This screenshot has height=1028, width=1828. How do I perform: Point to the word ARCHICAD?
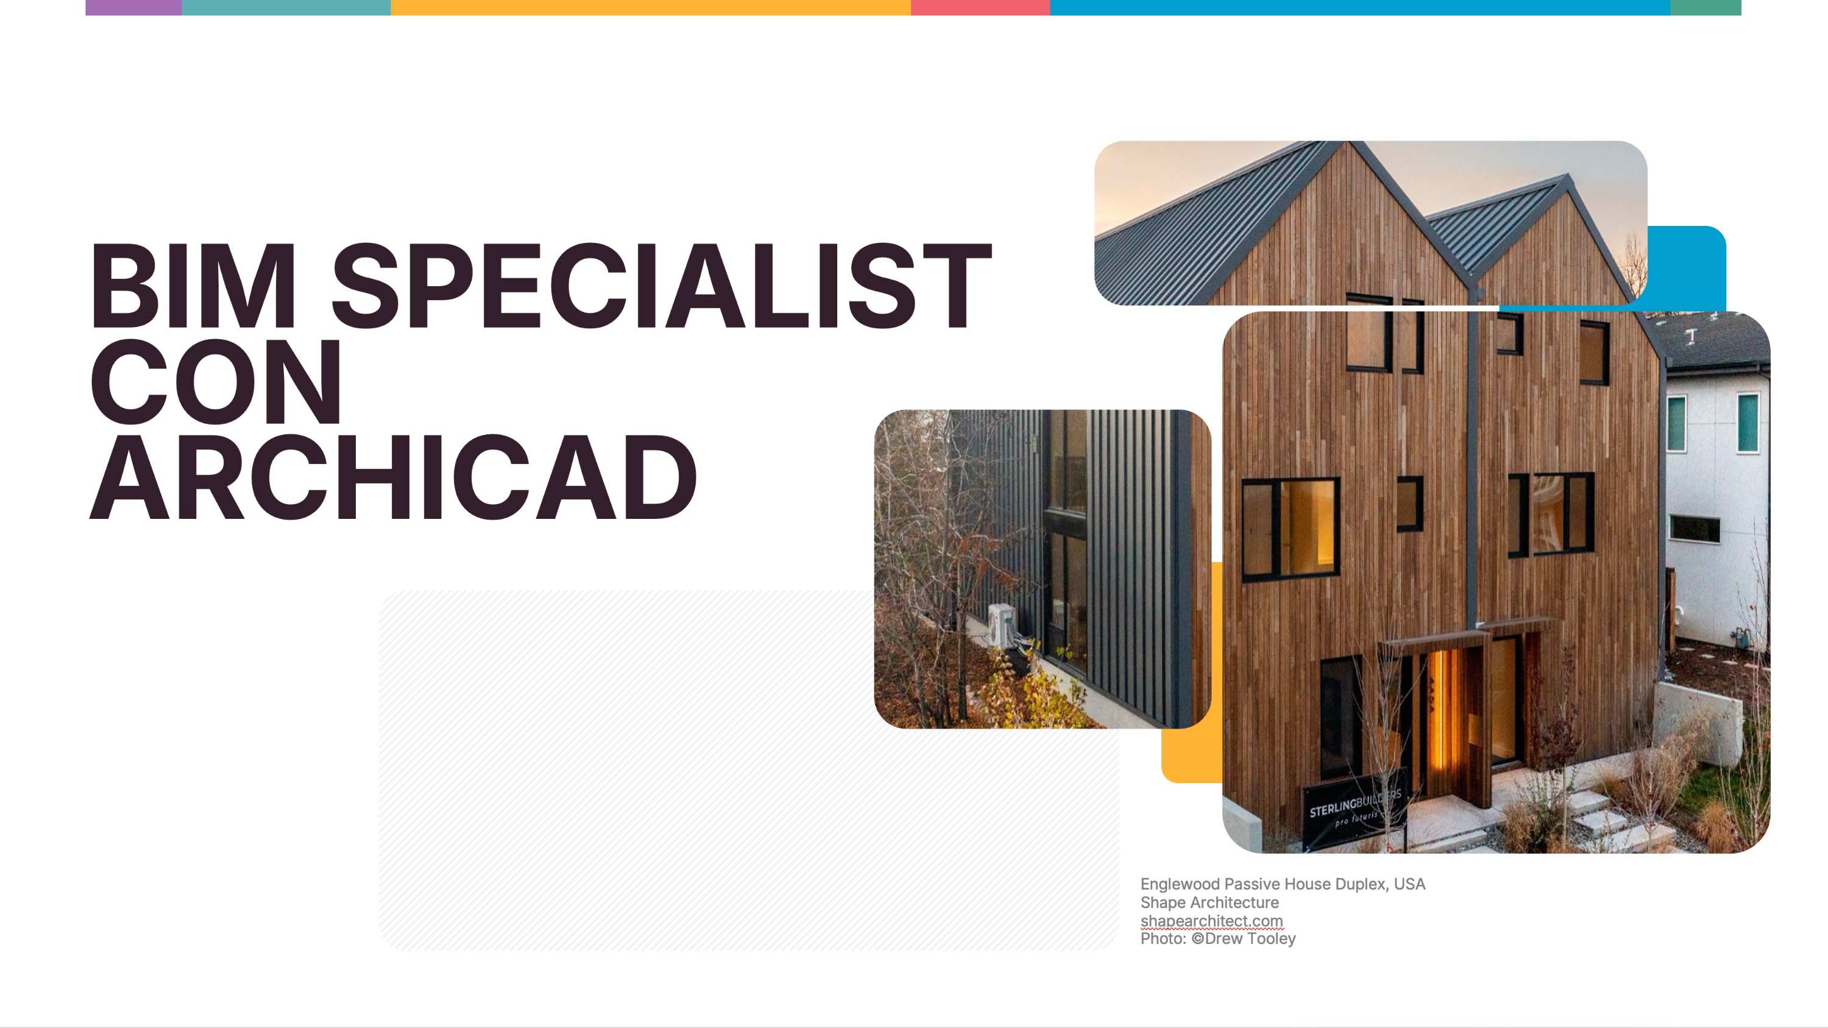pyautogui.click(x=393, y=477)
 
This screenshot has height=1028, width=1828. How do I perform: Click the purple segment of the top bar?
pyautogui.click(x=133, y=7)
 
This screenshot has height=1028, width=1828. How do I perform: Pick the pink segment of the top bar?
pyautogui.click(x=980, y=7)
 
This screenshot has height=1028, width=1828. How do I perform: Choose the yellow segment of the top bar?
pyautogui.click(x=650, y=7)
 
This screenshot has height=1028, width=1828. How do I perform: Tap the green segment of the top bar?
pyautogui.click(x=1706, y=7)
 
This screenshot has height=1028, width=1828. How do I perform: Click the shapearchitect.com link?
pyautogui.click(x=1211, y=921)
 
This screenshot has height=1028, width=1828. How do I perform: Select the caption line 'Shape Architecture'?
pyautogui.click(x=1209, y=903)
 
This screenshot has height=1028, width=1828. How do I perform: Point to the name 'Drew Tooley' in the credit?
pyautogui.click(x=1250, y=938)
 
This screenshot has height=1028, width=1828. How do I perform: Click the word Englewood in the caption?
pyautogui.click(x=1180, y=885)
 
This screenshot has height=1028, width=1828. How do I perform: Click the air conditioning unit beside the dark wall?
pyautogui.click(x=1001, y=624)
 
